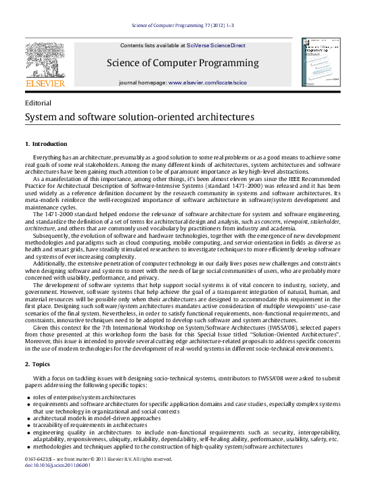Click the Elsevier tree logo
coord(45,59)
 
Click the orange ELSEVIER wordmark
coord(45,83)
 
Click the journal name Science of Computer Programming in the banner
coord(183,64)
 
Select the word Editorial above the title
coord(38,103)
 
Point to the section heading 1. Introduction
coord(46,144)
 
